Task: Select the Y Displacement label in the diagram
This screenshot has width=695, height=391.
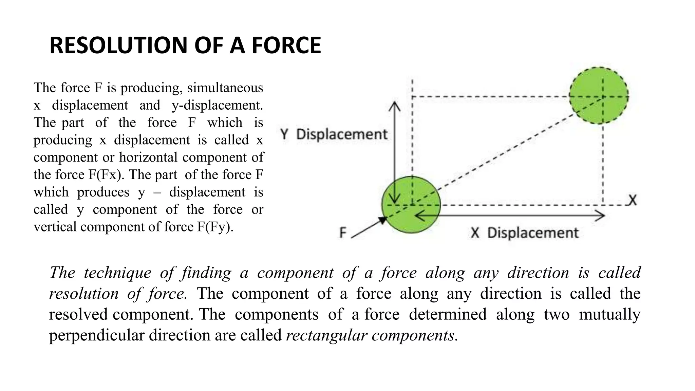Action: click(334, 134)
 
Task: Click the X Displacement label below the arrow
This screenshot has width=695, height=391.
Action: click(524, 233)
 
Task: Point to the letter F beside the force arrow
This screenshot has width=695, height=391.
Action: click(343, 233)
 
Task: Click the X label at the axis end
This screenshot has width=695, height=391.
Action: click(632, 200)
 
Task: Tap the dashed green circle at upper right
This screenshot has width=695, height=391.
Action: click(599, 95)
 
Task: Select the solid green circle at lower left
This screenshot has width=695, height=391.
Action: click(411, 205)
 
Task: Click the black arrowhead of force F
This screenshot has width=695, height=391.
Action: click(382, 221)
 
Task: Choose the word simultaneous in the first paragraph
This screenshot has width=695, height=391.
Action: click(225, 88)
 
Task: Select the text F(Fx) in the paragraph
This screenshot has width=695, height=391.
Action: click(107, 175)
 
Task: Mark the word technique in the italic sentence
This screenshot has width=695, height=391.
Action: click(117, 273)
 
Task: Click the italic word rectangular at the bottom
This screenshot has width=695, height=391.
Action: click(326, 336)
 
